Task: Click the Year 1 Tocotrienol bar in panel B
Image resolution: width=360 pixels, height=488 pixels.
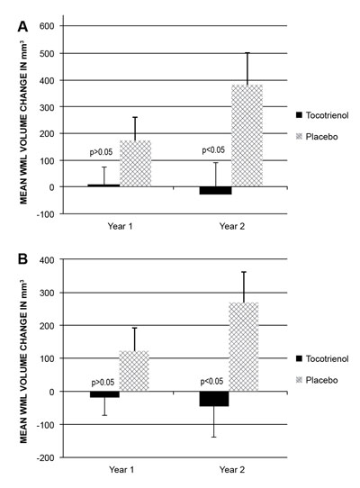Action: (x=104, y=394)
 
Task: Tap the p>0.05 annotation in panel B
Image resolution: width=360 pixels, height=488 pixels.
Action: (x=103, y=383)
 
